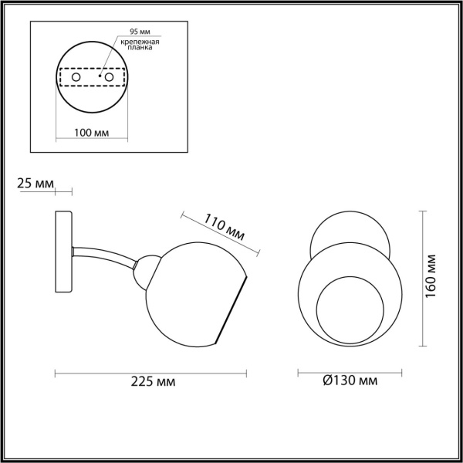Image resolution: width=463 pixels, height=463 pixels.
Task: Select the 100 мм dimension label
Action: (x=90, y=132)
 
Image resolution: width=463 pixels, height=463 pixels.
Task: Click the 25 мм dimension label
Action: (x=35, y=183)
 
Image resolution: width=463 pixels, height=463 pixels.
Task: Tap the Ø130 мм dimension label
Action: (x=350, y=381)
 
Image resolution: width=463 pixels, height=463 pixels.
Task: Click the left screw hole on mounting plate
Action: (x=77, y=78)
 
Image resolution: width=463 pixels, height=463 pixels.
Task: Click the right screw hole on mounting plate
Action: (x=110, y=78)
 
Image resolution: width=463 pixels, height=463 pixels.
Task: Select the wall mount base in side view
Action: (x=64, y=252)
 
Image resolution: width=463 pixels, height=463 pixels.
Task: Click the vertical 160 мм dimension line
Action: (x=424, y=278)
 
